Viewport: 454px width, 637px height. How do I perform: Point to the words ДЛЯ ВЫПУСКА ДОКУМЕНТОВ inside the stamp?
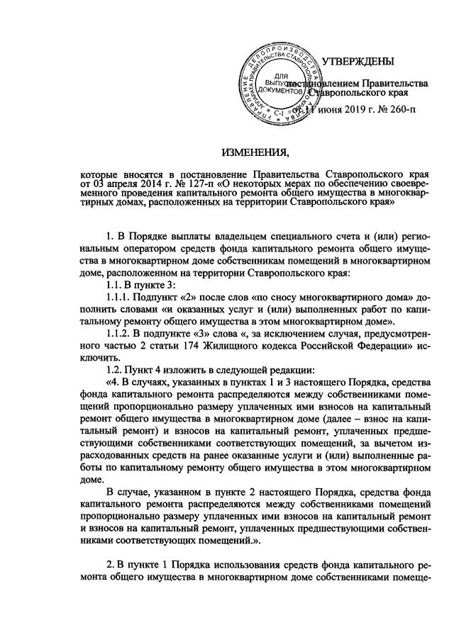(282, 83)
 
